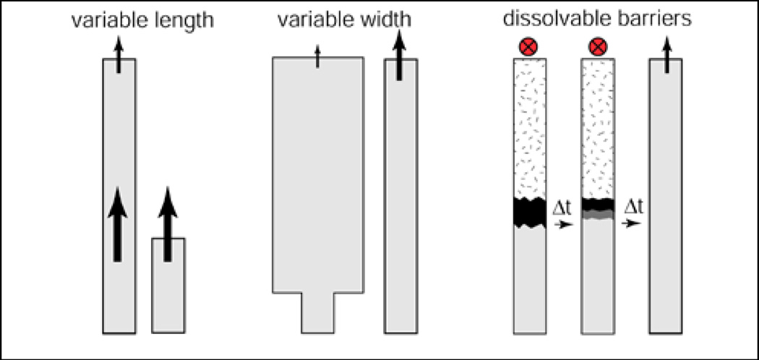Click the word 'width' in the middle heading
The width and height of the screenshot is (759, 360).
pyautogui.click(x=385, y=21)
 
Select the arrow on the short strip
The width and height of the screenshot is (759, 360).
pyautogui.click(x=168, y=224)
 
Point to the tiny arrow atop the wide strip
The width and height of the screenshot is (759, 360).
pyautogui.click(x=318, y=57)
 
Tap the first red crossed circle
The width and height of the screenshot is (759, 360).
pyautogui.click(x=528, y=48)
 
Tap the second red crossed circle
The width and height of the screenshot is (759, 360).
pyautogui.click(x=597, y=48)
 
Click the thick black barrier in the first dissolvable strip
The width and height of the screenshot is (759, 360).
pyautogui.click(x=528, y=211)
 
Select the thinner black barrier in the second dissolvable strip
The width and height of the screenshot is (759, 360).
pyautogui.click(x=598, y=205)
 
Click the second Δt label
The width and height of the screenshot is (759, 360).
pyautogui.click(x=632, y=209)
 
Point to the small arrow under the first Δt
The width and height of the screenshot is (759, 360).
pyautogui.click(x=562, y=226)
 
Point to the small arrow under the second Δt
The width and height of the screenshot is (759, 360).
pyautogui.click(x=632, y=224)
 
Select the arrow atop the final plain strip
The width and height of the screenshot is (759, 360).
pyautogui.click(x=666, y=55)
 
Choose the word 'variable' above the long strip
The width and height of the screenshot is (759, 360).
pyautogui.click(x=103, y=21)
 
